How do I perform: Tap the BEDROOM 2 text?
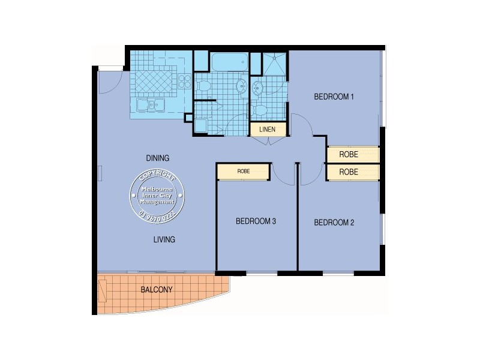click(334, 223)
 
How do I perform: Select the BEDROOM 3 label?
click(256, 221)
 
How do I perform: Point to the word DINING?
click(158, 158)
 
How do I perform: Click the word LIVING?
click(163, 239)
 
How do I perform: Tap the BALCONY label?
click(157, 290)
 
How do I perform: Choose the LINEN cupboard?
click(267, 130)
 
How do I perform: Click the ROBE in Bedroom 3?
click(243, 172)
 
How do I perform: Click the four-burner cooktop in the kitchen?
click(185, 82)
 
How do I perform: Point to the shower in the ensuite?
click(275, 64)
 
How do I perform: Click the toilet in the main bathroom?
click(203, 86)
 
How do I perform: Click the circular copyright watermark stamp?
click(157, 196)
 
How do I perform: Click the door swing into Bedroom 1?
click(302, 125)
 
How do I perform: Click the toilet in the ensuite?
click(260, 110)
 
